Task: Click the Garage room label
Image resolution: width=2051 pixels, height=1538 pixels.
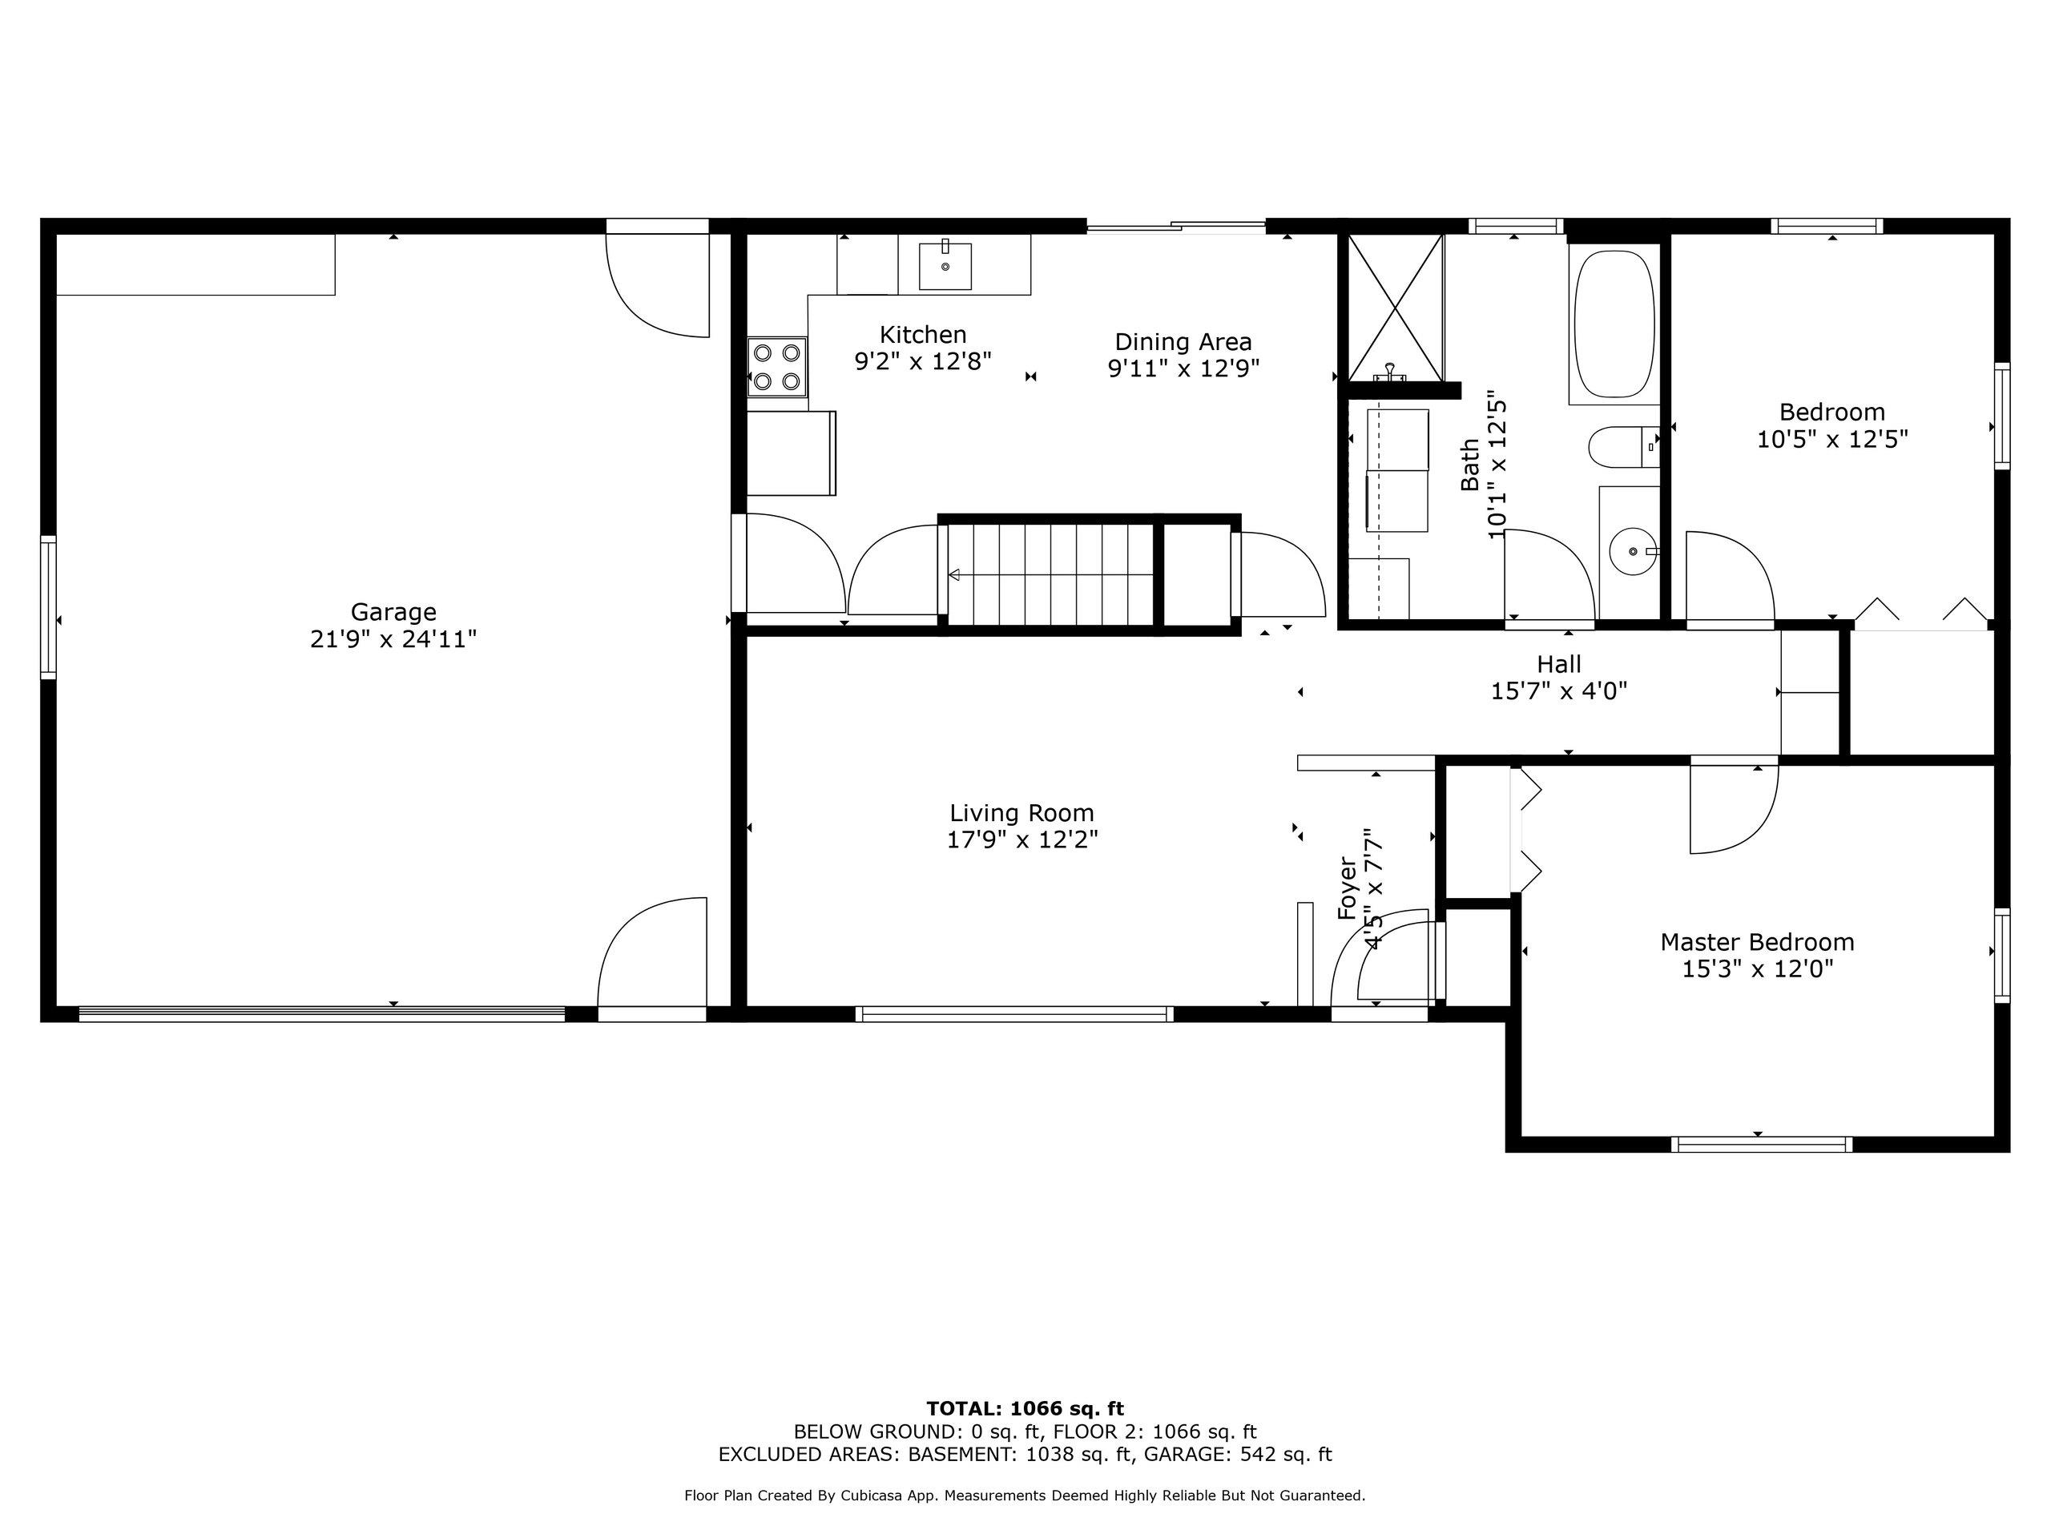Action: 393,612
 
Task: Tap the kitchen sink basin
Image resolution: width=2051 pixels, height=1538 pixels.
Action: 945,265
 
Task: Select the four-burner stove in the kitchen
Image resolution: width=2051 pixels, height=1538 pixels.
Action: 777,367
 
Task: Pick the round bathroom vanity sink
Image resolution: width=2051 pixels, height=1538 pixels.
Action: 1633,552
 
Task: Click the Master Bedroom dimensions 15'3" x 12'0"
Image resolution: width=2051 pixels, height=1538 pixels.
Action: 1757,968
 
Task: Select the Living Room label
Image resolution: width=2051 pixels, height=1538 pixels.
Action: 1021,813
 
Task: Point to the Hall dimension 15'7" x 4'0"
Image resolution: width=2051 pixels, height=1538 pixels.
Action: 1558,690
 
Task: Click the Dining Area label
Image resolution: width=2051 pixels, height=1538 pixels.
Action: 1183,342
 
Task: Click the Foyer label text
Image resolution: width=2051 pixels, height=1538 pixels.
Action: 1348,888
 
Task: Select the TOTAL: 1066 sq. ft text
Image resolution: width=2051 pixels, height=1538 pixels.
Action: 1025,1409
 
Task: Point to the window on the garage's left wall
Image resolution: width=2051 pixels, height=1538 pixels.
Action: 48,607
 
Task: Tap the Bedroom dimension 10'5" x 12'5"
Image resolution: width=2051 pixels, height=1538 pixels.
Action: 1832,438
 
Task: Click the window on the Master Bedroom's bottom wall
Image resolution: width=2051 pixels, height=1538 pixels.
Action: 1762,1144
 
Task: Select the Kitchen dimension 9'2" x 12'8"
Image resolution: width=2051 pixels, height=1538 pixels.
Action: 923,360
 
